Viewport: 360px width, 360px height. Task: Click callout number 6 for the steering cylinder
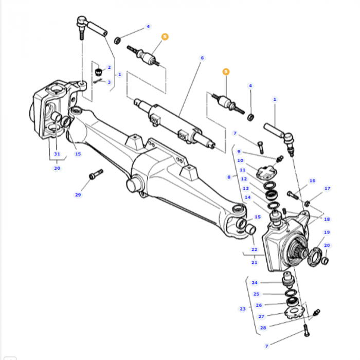(202, 58)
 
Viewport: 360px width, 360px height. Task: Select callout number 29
(78, 195)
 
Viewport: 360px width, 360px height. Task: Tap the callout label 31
(57, 154)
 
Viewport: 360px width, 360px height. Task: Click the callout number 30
(57, 168)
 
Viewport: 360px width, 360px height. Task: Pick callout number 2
(109, 67)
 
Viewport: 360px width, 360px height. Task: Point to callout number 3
(109, 82)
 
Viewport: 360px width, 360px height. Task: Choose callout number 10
(240, 160)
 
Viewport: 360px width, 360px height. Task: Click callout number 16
(312, 181)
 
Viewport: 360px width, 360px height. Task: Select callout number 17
(327, 189)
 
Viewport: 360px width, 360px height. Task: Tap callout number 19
(327, 232)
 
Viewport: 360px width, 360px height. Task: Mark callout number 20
(327, 245)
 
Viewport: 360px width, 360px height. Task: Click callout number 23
(242, 309)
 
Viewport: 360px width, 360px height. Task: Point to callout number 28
(263, 328)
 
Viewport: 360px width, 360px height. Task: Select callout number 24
(255, 282)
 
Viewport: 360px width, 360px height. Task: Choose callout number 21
(254, 262)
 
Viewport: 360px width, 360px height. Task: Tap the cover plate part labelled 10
(266, 173)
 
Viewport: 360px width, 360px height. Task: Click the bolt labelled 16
(293, 194)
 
